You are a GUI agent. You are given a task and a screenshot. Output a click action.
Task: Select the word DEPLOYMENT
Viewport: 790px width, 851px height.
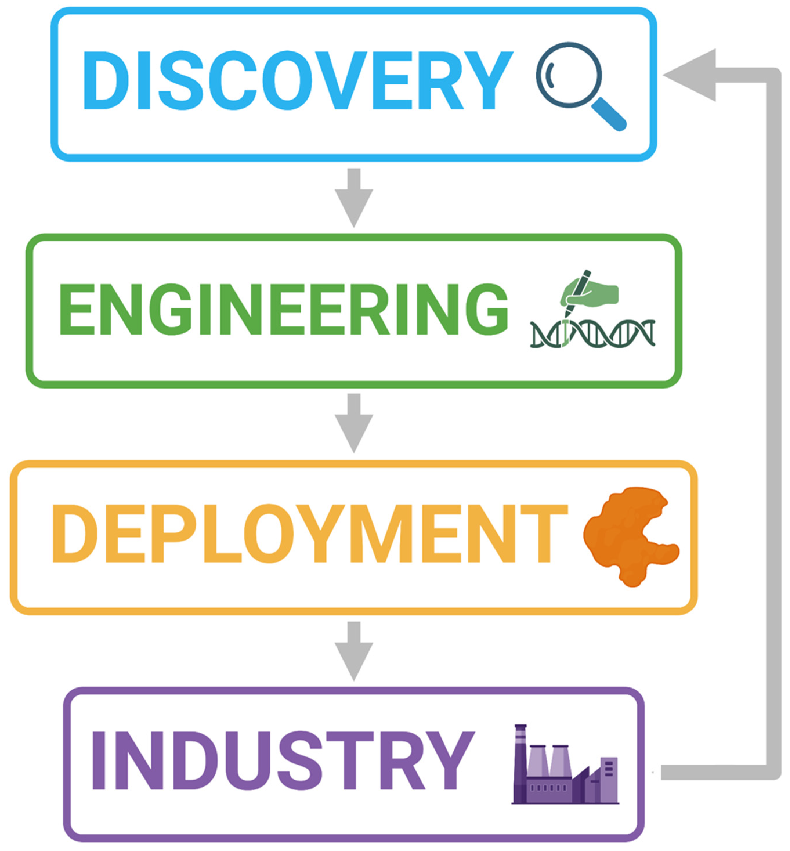(x=310, y=534)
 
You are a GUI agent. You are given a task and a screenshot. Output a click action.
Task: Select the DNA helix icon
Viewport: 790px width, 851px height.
(x=592, y=334)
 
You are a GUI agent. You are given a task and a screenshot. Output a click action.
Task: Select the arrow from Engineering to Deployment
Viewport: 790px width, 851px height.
(x=354, y=423)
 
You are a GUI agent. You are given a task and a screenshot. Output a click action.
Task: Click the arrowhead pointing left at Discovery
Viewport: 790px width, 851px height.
(x=693, y=75)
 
